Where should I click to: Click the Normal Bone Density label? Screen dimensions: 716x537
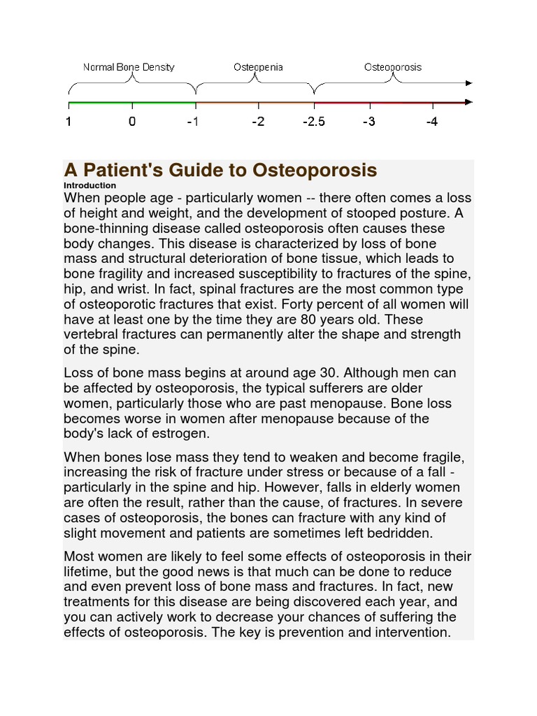(129, 68)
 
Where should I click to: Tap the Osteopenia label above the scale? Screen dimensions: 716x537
(258, 68)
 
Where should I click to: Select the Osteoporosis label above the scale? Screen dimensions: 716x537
(392, 68)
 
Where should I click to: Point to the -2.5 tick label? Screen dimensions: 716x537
(314, 122)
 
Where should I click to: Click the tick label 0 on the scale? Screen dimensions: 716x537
(132, 122)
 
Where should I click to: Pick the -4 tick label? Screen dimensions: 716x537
(431, 122)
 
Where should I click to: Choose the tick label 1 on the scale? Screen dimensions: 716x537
(69, 122)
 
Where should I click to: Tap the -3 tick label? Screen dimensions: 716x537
(368, 122)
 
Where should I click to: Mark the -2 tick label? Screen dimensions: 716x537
(258, 122)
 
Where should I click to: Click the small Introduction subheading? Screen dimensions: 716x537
(89, 185)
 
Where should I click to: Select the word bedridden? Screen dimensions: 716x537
(399, 533)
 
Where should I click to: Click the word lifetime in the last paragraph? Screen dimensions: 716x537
(88, 571)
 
